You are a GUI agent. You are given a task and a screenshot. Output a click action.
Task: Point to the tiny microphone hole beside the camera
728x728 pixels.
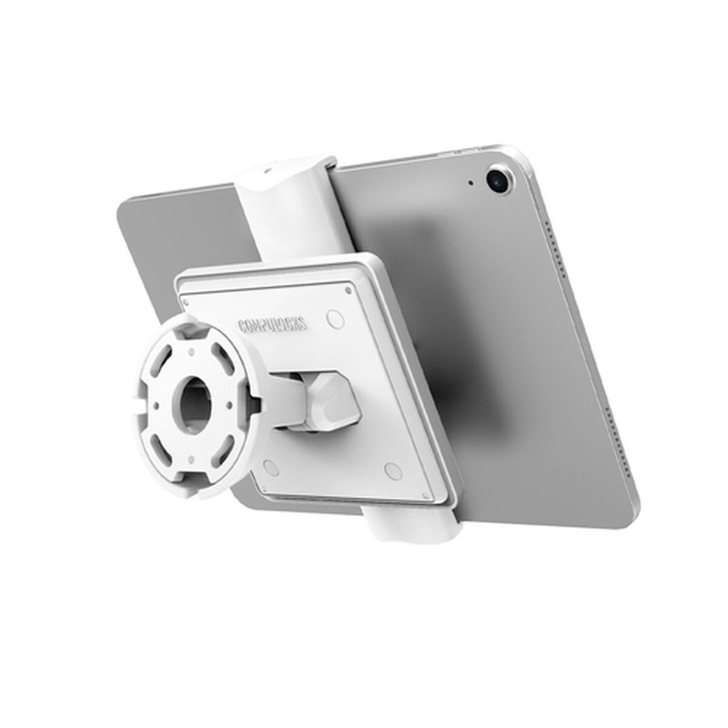470,183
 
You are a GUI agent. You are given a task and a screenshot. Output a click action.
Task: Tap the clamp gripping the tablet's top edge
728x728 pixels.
285,208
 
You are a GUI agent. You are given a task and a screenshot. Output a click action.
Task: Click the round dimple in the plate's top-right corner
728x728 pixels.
336,320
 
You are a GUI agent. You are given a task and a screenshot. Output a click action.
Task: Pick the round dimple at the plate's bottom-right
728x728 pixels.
393,470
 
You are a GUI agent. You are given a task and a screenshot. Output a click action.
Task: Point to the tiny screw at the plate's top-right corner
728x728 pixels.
349,288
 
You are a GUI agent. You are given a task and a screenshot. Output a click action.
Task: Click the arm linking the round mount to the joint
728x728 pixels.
282,400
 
